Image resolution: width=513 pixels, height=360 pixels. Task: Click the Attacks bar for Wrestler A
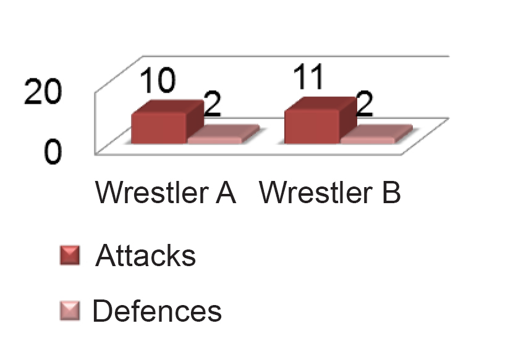(158, 128)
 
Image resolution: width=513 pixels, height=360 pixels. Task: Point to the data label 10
(158, 82)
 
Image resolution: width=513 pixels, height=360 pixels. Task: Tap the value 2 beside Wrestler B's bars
(365, 106)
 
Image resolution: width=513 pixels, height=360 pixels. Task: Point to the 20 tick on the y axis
(43, 93)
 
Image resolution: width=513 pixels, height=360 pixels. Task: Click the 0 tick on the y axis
(53, 151)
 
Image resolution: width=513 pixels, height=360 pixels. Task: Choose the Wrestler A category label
(166, 193)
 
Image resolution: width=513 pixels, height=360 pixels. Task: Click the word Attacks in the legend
(146, 256)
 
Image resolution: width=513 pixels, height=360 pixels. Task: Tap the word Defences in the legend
(157, 311)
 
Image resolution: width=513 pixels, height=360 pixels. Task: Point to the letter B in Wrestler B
(391, 193)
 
